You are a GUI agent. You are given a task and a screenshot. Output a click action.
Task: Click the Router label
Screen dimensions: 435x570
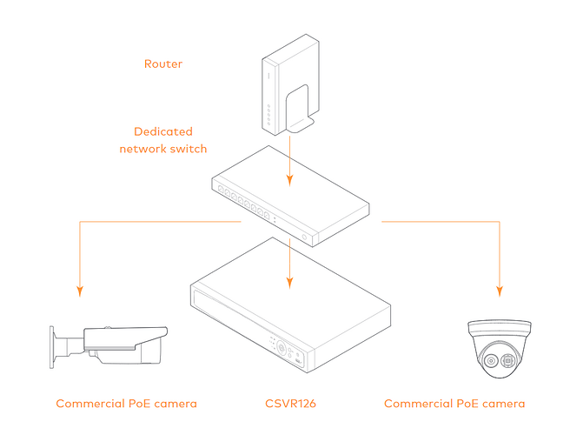[x=163, y=64]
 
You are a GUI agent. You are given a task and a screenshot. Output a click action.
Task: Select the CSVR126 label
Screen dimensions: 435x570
[x=289, y=404]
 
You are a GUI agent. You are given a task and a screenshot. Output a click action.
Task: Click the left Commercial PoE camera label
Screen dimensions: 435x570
[x=126, y=404]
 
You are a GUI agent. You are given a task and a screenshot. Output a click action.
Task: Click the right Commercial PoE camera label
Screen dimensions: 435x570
[x=454, y=404]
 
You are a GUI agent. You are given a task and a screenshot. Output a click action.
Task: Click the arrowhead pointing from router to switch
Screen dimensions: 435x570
[x=289, y=182]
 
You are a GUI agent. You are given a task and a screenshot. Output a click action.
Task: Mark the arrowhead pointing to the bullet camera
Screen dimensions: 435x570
[x=79, y=290]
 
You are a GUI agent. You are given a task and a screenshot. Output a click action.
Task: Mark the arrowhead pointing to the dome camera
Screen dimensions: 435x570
[x=500, y=290]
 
